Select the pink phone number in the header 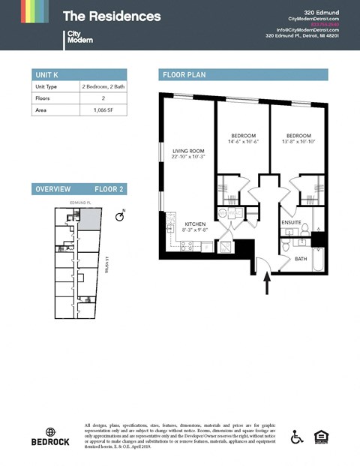point(325,23)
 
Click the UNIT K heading point(47,74)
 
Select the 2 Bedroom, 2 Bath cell point(103,86)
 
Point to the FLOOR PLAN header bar point(244,74)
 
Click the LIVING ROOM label point(187,152)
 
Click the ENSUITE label point(291,223)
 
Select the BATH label point(300,259)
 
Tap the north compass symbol point(119,216)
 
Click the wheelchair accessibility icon point(298,436)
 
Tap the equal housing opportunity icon point(323,436)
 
